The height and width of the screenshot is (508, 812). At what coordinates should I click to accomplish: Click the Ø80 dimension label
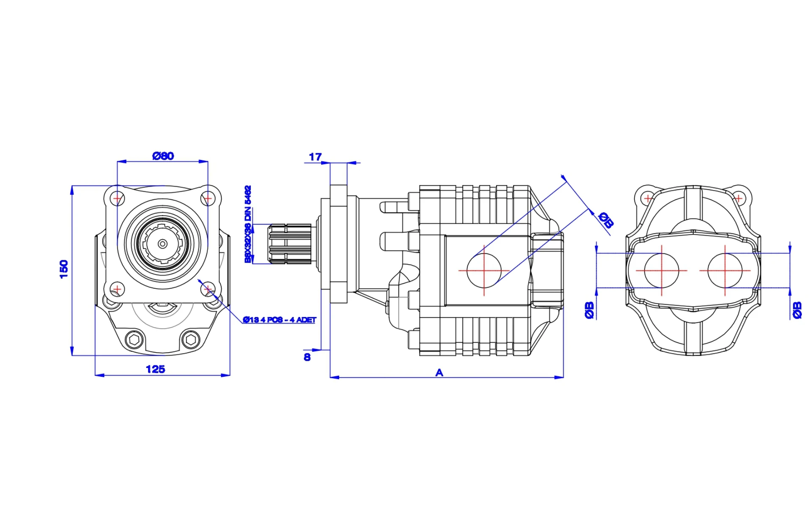[163, 156]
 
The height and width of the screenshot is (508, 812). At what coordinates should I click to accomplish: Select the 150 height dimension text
[64, 269]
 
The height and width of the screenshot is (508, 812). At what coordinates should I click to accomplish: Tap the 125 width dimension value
[155, 370]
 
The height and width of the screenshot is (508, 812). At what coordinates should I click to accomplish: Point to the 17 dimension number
[315, 157]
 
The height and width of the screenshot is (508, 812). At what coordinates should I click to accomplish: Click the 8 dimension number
[307, 357]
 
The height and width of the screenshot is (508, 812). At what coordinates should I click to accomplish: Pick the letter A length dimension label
[439, 373]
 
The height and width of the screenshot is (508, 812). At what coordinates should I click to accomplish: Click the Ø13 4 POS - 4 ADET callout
[280, 320]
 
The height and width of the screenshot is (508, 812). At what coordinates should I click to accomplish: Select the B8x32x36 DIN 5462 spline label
[248, 224]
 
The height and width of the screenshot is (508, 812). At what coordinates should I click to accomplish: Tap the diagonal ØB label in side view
[606, 220]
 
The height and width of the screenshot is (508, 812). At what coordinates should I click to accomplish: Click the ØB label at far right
[797, 310]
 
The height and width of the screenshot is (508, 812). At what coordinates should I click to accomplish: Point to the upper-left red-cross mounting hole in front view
[117, 198]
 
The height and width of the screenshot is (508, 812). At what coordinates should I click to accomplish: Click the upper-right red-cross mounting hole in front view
[208, 198]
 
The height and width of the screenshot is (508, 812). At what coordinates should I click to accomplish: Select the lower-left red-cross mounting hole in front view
[117, 289]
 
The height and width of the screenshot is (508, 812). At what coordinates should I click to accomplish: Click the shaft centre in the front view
[162, 244]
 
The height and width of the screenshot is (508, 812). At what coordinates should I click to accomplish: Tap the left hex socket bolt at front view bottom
[134, 340]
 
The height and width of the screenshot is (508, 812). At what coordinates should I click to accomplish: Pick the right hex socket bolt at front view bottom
[190, 340]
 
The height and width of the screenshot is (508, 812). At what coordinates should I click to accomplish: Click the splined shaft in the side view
[290, 244]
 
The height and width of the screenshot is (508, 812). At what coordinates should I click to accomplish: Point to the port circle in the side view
[484, 271]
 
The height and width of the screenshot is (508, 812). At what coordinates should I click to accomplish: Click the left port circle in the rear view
[661, 271]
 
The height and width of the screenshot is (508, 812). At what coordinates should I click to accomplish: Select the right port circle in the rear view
[725, 271]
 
